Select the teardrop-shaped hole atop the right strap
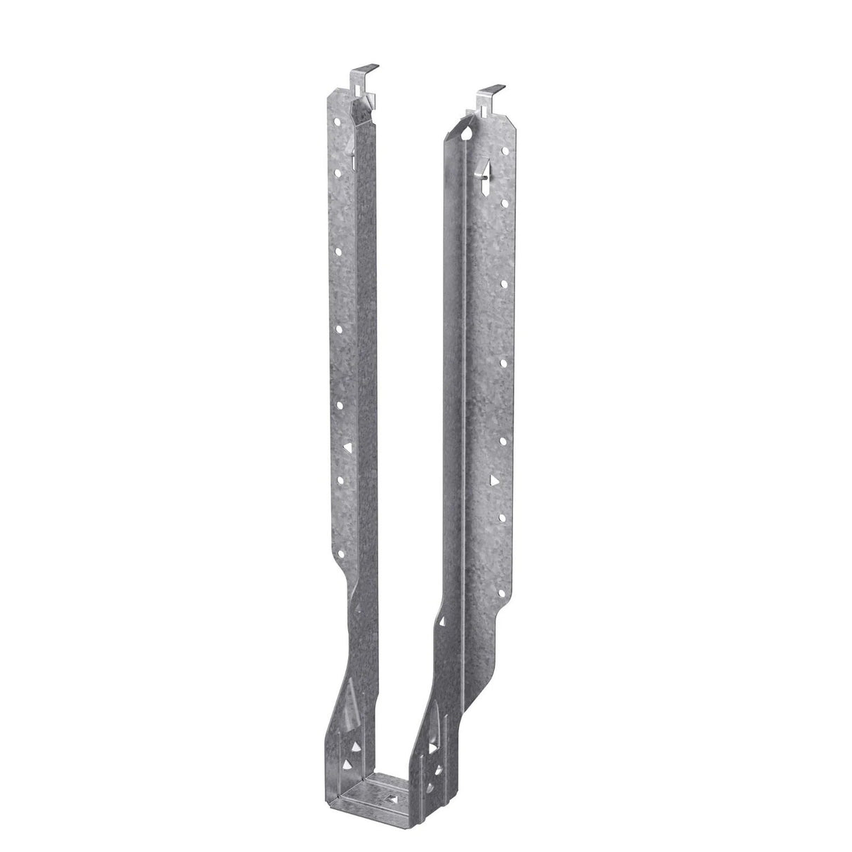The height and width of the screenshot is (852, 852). pyautogui.click(x=467, y=131)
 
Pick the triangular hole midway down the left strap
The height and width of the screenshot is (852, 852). pyautogui.click(x=345, y=446)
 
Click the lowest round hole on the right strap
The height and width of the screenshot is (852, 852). pyautogui.click(x=503, y=554)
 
